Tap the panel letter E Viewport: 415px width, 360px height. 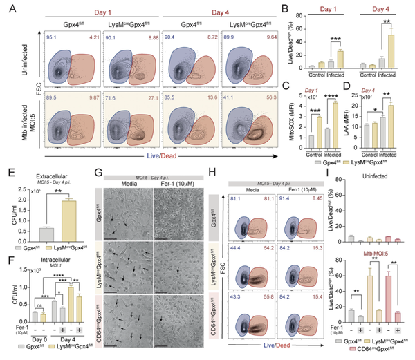(x=6, y=167)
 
